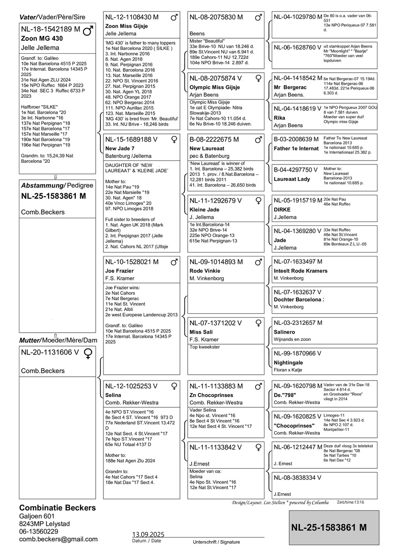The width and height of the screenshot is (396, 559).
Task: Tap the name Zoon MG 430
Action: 41,38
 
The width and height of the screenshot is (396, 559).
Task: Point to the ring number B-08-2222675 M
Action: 216,140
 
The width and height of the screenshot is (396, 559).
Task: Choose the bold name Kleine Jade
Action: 204,209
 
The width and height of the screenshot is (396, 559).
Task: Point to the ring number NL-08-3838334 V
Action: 297,478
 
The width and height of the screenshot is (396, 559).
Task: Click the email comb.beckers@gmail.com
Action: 58,539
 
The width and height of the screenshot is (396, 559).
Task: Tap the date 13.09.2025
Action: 148,534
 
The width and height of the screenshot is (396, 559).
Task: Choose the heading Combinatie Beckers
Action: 57,508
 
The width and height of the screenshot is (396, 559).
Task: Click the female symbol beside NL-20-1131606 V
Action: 88,353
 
